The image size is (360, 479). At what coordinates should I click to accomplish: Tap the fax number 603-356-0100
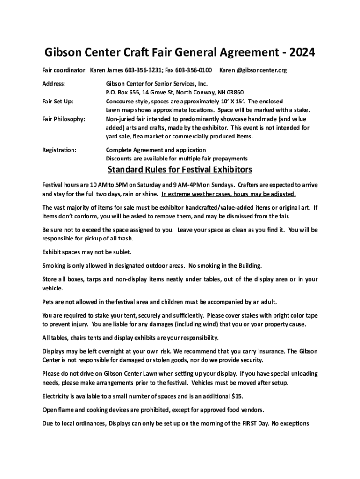pos(194,71)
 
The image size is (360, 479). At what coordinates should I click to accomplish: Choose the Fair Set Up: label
pos(58,102)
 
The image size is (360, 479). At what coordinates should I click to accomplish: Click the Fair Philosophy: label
pos(64,119)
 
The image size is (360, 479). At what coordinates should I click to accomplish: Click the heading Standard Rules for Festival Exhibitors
pos(180,169)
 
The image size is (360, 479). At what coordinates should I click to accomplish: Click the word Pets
pos(49,302)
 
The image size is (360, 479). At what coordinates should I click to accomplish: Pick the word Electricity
pos(58,397)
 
